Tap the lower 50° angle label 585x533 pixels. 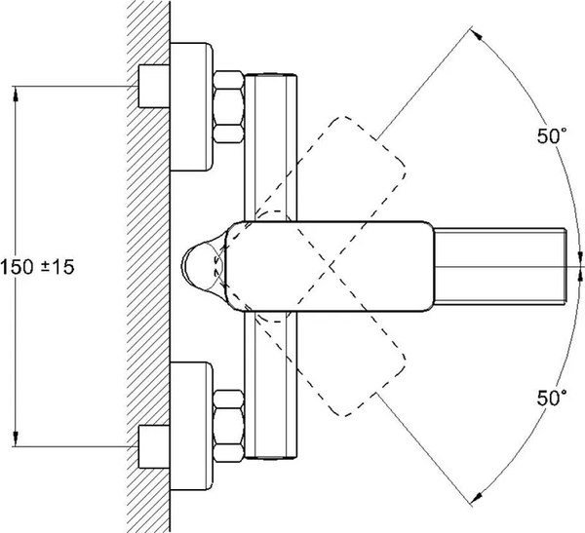550,398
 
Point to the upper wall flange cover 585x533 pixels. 191,105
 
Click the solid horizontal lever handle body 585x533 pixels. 331,266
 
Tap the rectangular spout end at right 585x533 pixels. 499,266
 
